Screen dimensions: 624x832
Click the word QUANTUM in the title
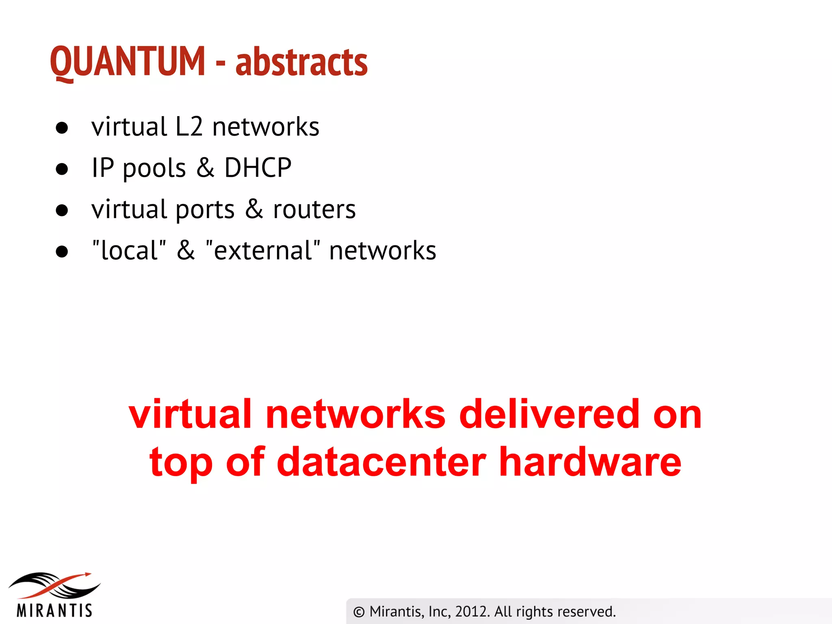[128, 62]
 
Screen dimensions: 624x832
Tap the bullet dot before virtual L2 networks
[62, 128]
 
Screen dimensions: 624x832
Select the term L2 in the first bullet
[189, 126]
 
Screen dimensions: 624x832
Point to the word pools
[154, 168]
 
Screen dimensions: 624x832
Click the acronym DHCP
[258, 167]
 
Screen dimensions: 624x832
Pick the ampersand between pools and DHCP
[206, 167]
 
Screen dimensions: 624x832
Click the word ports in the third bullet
[205, 210]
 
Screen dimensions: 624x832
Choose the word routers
[314, 210]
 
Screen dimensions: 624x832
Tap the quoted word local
[129, 250]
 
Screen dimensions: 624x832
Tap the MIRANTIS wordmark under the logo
[54, 611]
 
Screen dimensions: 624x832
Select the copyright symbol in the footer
[359, 612]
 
